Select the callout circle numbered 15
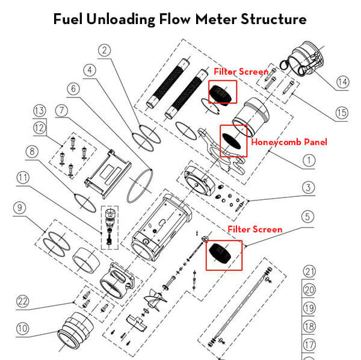click(341, 113)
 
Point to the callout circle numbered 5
click(308, 216)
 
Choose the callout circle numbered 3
click(308, 188)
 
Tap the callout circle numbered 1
click(308, 160)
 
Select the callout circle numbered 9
click(20, 208)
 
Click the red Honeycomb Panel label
click(289, 142)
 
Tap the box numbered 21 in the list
click(309, 271)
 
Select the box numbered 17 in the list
click(309, 345)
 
